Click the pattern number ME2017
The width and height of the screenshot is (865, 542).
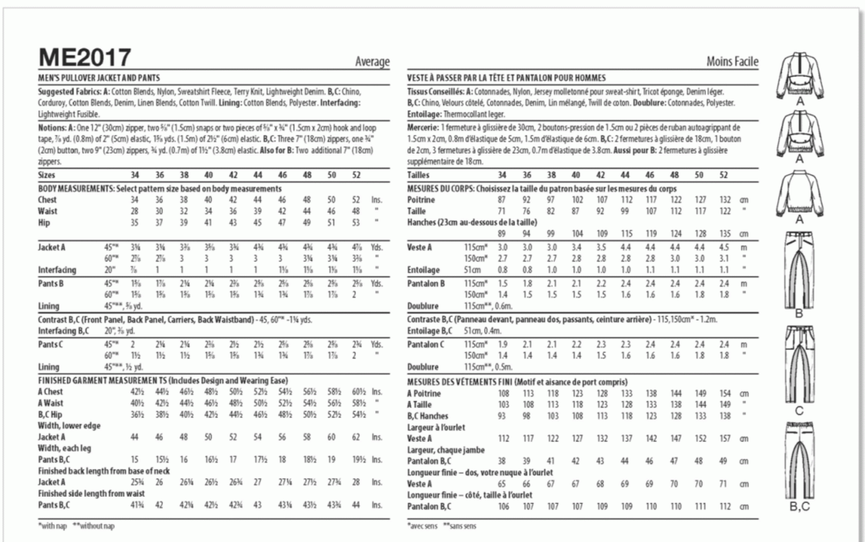pyautogui.click(x=85, y=58)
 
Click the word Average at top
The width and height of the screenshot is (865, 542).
pyautogui.click(x=372, y=62)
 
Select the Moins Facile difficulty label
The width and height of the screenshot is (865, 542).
pyautogui.click(x=732, y=62)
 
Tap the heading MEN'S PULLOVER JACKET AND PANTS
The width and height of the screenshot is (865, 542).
pyautogui.click(x=99, y=78)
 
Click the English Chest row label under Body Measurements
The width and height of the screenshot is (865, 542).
pyautogui.click(x=47, y=200)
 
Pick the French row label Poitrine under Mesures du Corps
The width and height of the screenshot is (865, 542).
pyautogui.click(x=421, y=200)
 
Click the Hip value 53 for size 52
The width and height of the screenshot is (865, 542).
pyautogui.click(x=356, y=222)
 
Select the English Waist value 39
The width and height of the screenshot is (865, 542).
pyautogui.click(x=258, y=211)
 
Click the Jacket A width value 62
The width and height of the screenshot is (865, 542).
pyautogui.click(x=356, y=437)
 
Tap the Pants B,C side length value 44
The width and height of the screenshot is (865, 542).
pyautogui.click(x=356, y=505)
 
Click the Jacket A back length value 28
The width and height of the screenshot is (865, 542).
pyautogui.click(x=356, y=482)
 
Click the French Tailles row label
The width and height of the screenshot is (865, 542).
pyautogui.click(x=418, y=175)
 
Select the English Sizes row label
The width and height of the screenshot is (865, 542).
pyautogui.click(x=46, y=175)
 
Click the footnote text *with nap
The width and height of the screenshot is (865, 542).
pyautogui.click(x=52, y=526)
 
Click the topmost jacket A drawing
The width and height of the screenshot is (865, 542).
pyautogui.click(x=799, y=75)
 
